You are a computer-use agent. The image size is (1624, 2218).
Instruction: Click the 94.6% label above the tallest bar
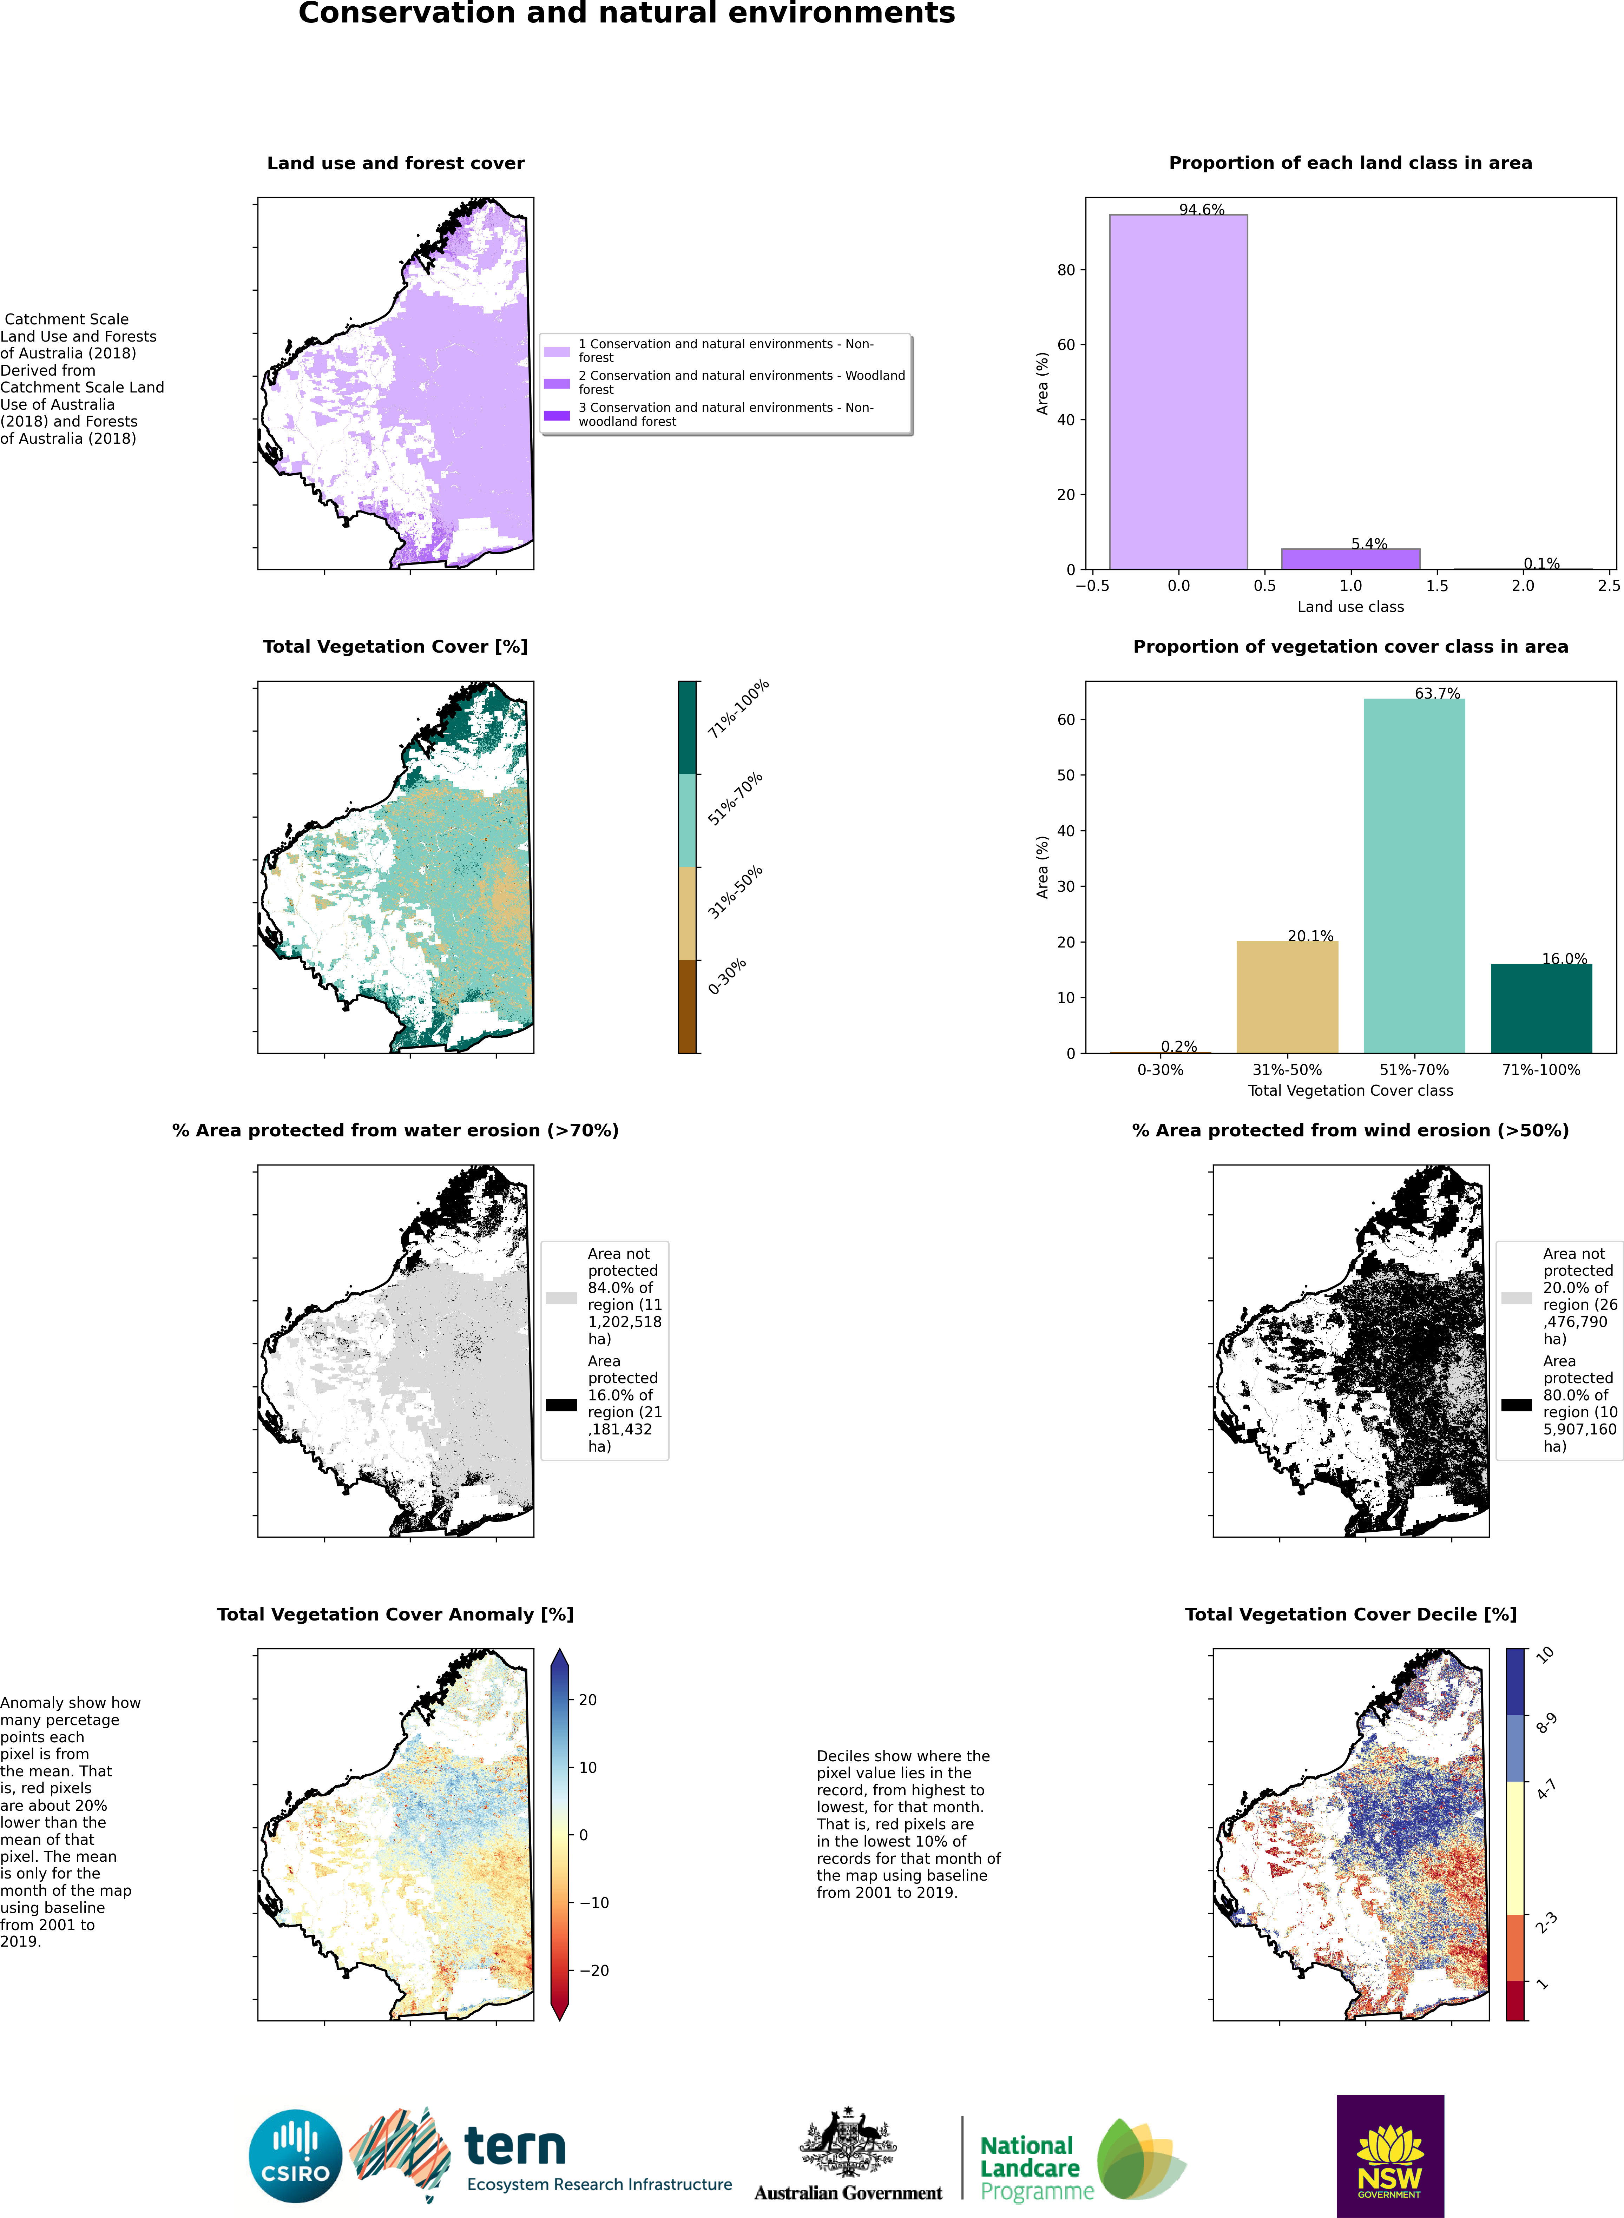click(x=1201, y=209)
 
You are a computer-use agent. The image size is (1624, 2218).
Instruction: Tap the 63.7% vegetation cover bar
click(x=1414, y=874)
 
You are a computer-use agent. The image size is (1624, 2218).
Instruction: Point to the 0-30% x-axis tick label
click(x=1160, y=1069)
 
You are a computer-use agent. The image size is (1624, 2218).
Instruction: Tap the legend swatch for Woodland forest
click(x=557, y=383)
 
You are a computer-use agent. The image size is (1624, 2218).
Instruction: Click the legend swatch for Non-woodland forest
click(x=557, y=415)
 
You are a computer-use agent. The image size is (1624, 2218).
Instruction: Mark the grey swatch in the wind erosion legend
click(x=1516, y=1297)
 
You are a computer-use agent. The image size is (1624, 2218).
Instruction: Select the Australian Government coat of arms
click(x=847, y=2142)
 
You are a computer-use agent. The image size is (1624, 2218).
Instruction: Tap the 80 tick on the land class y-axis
click(x=1066, y=270)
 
